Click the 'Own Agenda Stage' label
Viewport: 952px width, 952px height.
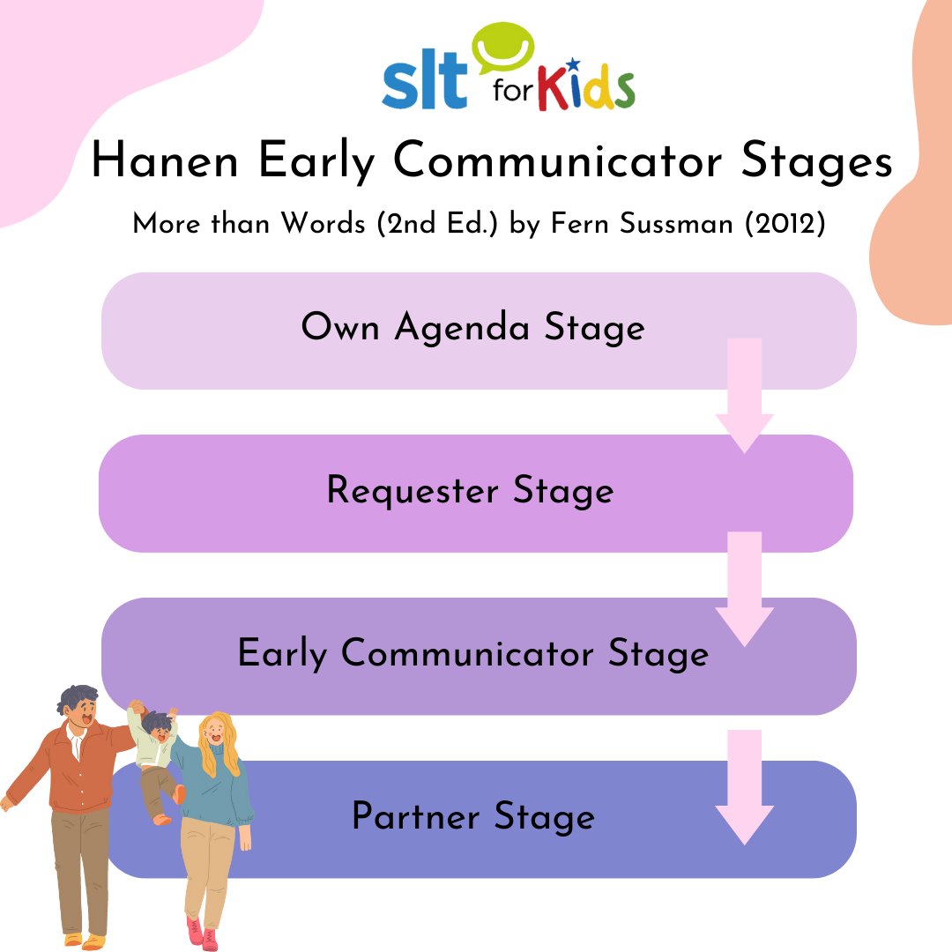pyautogui.click(x=472, y=328)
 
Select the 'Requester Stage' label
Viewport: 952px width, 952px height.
pyautogui.click(x=470, y=490)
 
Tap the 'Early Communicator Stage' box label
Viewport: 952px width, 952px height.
pyautogui.click(x=472, y=653)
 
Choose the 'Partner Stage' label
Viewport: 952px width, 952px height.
pyautogui.click(x=472, y=816)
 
